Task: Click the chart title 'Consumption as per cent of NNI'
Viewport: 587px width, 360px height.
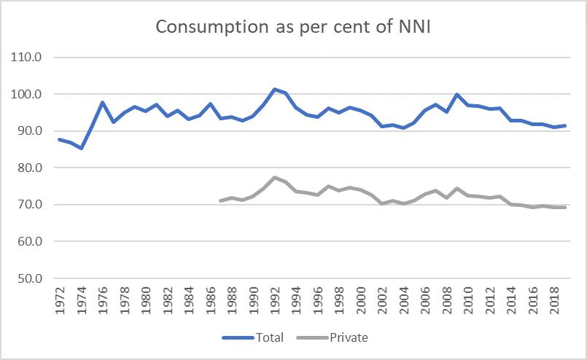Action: [293, 28]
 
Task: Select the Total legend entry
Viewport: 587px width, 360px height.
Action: [262, 338]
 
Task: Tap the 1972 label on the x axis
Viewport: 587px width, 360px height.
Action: [61, 300]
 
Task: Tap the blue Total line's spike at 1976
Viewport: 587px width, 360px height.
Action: [103, 103]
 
